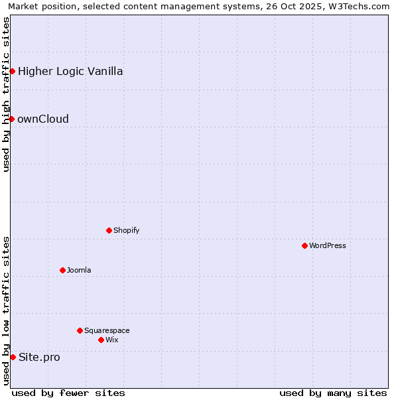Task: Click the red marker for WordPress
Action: tap(304, 245)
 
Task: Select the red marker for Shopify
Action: tap(109, 230)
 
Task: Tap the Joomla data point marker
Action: tap(62, 270)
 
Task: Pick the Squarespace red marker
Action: tap(80, 330)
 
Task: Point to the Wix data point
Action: tap(101, 340)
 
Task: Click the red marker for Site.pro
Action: tap(13, 357)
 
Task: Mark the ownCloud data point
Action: tap(11, 119)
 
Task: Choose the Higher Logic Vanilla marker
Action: tap(12, 71)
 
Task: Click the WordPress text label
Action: tap(328, 245)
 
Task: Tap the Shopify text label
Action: tap(126, 230)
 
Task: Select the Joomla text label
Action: tap(79, 270)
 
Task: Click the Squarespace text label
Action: tap(107, 330)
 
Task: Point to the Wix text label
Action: tap(112, 340)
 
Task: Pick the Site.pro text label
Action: tap(39, 358)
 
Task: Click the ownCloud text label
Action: tap(43, 119)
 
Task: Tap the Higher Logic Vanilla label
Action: tap(70, 72)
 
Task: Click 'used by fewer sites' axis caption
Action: tap(68, 393)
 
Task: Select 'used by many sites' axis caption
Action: tap(333, 393)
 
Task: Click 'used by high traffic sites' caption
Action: tap(7, 94)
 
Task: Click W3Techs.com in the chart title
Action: tap(359, 6)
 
